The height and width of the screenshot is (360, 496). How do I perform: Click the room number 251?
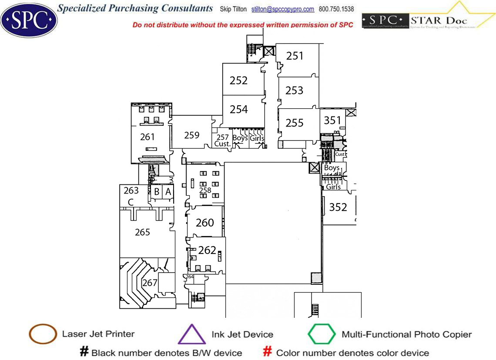[295, 56]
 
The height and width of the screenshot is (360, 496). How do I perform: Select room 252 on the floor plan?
[239, 80]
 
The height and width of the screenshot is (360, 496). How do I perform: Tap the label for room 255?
[295, 123]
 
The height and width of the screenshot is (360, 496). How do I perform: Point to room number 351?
[332, 120]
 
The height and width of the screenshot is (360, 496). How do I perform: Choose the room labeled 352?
[338, 207]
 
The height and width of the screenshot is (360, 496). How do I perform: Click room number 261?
[147, 137]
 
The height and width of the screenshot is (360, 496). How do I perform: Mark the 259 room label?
[192, 135]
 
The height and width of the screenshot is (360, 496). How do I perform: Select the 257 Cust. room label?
[222, 140]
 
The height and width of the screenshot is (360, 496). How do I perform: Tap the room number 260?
[204, 223]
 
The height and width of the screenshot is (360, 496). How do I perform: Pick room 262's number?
[207, 250]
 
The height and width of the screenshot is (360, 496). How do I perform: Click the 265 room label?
[142, 232]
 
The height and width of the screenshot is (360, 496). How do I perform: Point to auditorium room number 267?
[150, 283]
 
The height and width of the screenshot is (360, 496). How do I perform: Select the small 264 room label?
[189, 277]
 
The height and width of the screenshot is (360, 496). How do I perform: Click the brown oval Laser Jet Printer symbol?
[43, 334]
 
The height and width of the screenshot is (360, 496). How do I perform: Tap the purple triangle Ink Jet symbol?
[191, 335]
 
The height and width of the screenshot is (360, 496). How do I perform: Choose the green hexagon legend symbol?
[322, 334]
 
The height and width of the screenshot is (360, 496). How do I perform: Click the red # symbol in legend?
[268, 352]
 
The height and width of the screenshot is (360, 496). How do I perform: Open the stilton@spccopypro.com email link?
[283, 9]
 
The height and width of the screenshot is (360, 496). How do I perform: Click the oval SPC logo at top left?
[29, 19]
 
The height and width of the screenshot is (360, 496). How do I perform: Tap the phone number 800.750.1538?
[336, 9]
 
